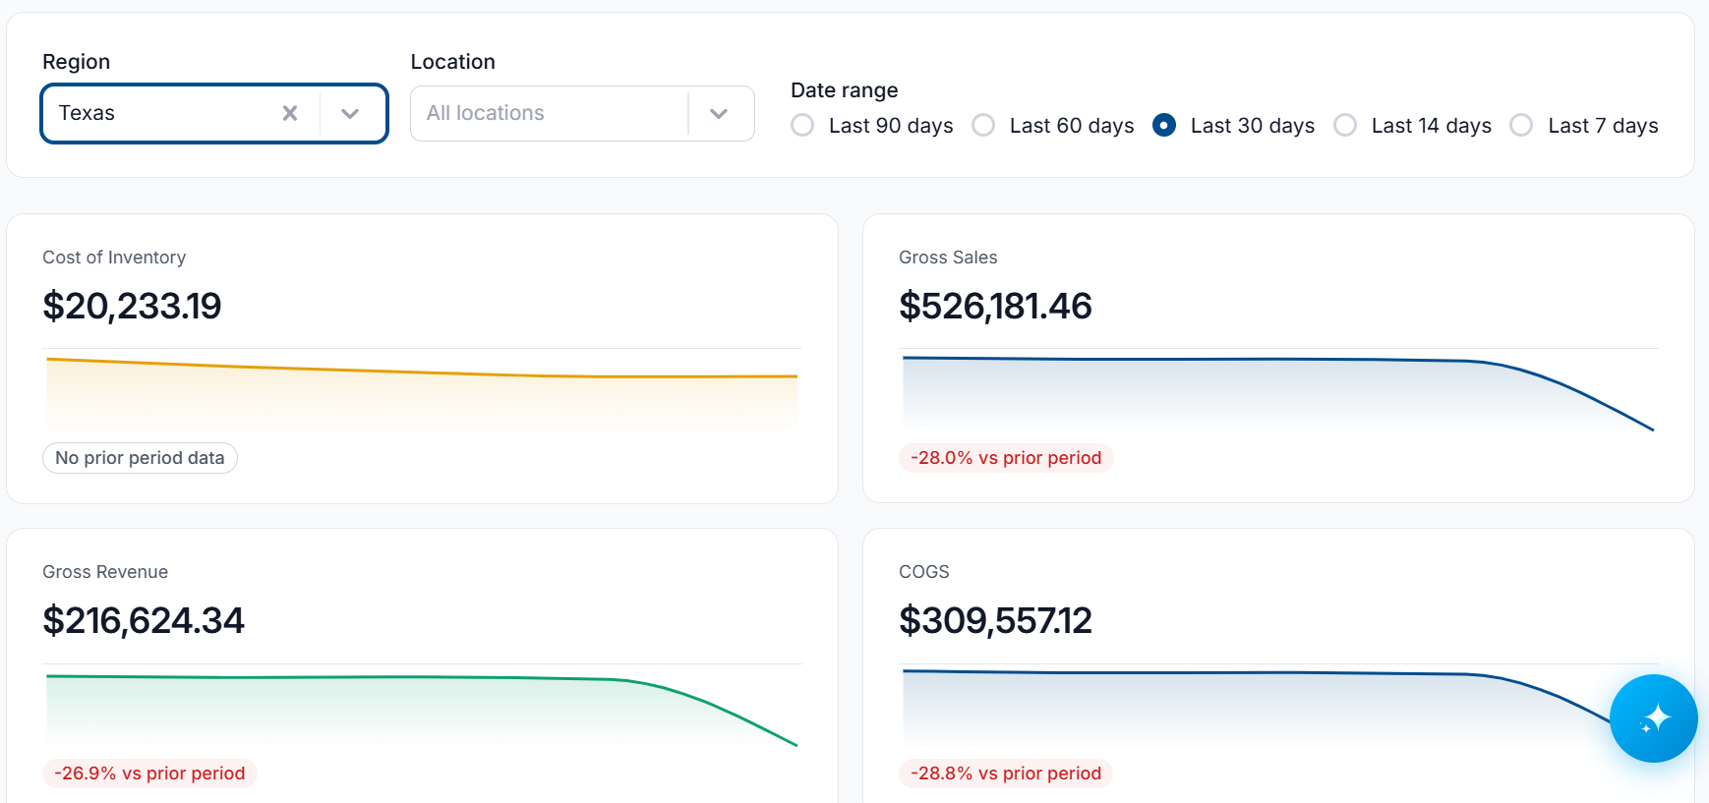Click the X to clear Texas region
click(x=290, y=113)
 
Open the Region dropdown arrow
click(x=350, y=113)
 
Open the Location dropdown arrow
click(x=719, y=113)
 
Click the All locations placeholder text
click(x=486, y=113)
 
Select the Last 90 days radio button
click(x=802, y=126)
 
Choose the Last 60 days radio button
click(x=983, y=126)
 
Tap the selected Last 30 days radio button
click(x=1164, y=126)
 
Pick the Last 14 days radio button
click(x=1345, y=126)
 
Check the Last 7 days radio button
click(x=1521, y=126)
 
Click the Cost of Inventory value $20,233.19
click(x=132, y=306)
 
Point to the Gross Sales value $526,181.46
click(x=995, y=306)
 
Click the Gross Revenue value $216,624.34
click(x=144, y=620)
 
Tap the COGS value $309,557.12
click(x=995, y=620)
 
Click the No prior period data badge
click(x=140, y=458)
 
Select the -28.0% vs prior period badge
click(x=1006, y=458)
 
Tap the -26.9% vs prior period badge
click(x=149, y=774)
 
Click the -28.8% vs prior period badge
click(x=1006, y=774)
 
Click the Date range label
click(x=845, y=90)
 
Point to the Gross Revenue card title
click(x=105, y=572)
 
